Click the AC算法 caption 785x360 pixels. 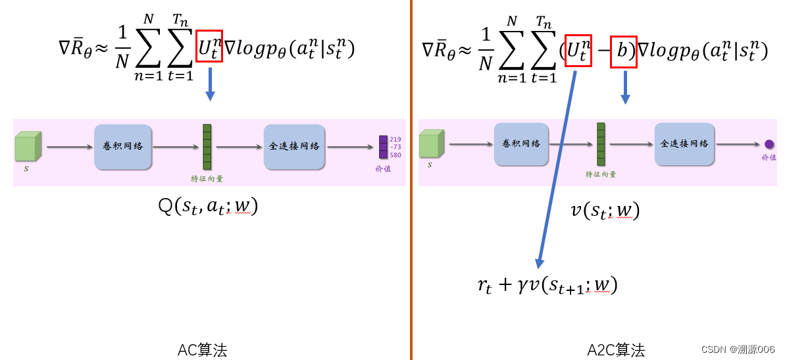click(202, 350)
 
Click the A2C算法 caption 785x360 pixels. click(616, 350)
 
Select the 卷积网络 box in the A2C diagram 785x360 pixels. click(522, 143)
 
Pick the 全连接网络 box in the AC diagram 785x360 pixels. click(294, 146)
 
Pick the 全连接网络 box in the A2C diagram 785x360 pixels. click(684, 143)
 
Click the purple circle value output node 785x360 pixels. click(769, 144)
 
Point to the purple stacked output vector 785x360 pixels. click(383, 147)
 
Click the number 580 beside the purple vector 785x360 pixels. click(395, 155)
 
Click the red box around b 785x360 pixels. click(623, 52)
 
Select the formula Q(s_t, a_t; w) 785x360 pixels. click(208, 207)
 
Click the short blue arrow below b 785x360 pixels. click(625, 88)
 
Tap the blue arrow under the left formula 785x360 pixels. click(210, 84)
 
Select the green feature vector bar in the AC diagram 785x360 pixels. click(207, 147)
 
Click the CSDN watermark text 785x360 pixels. click(738, 349)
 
